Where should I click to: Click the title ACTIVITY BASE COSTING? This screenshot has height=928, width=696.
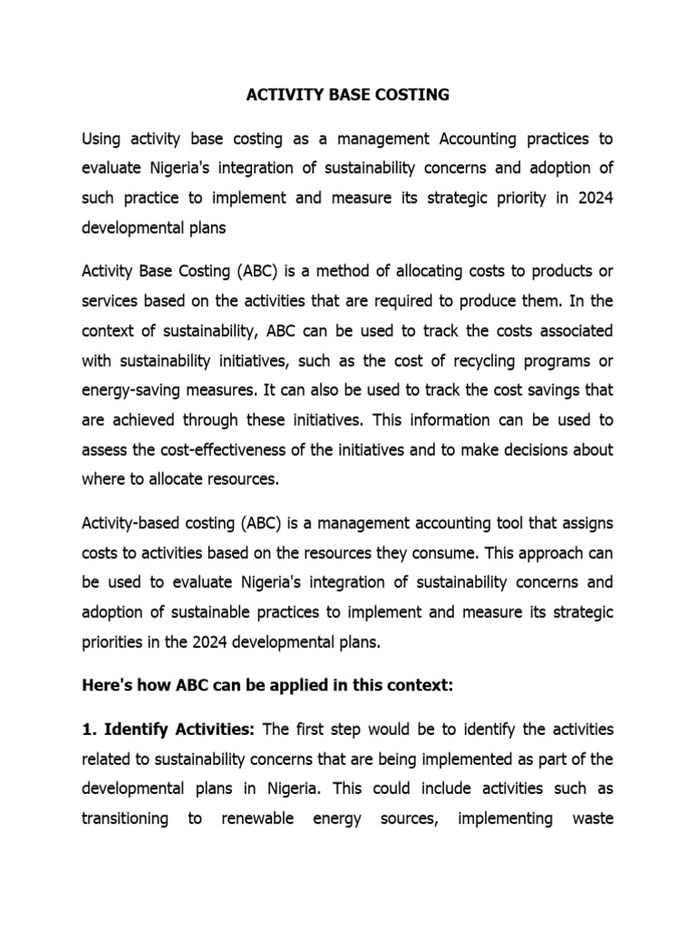click(348, 93)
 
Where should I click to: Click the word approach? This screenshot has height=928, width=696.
click(551, 554)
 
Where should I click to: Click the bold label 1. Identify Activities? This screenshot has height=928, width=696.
click(170, 730)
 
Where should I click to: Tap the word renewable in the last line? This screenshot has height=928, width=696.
click(258, 819)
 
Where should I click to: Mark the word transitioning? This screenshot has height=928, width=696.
click(125, 819)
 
